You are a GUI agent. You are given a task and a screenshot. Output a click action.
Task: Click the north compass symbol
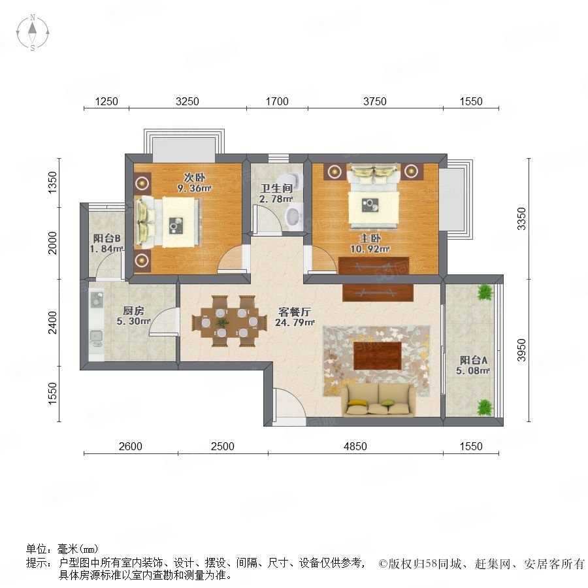[33, 33]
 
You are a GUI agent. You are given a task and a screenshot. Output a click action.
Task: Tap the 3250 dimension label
[187, 101]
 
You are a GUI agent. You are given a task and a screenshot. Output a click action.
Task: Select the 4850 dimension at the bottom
[355, 446]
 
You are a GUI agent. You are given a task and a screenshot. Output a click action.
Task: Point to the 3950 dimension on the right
[521, 350]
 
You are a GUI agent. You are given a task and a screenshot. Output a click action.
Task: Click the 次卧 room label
[194, 177]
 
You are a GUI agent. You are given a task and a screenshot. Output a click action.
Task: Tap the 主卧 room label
[370, 238]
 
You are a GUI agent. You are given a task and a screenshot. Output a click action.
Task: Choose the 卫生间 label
[276, 188]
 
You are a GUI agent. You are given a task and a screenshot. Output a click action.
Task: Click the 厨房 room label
[133, 310]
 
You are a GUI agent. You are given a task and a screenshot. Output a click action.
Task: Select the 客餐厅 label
[295, 312]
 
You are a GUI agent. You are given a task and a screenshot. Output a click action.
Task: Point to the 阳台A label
[473, 361]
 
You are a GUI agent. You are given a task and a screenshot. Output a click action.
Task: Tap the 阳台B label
[106, 238]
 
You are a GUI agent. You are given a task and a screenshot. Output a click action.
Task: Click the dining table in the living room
[229, 321]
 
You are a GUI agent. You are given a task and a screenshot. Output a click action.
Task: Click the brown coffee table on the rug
[377, 355]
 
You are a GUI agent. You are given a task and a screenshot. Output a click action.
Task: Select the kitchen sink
[97, 338]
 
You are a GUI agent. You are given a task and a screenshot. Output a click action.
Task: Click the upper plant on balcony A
[485, 293]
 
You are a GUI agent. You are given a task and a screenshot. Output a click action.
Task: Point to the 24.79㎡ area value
[295, 323]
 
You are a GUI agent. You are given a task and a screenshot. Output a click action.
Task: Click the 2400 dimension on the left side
[52, 322]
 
